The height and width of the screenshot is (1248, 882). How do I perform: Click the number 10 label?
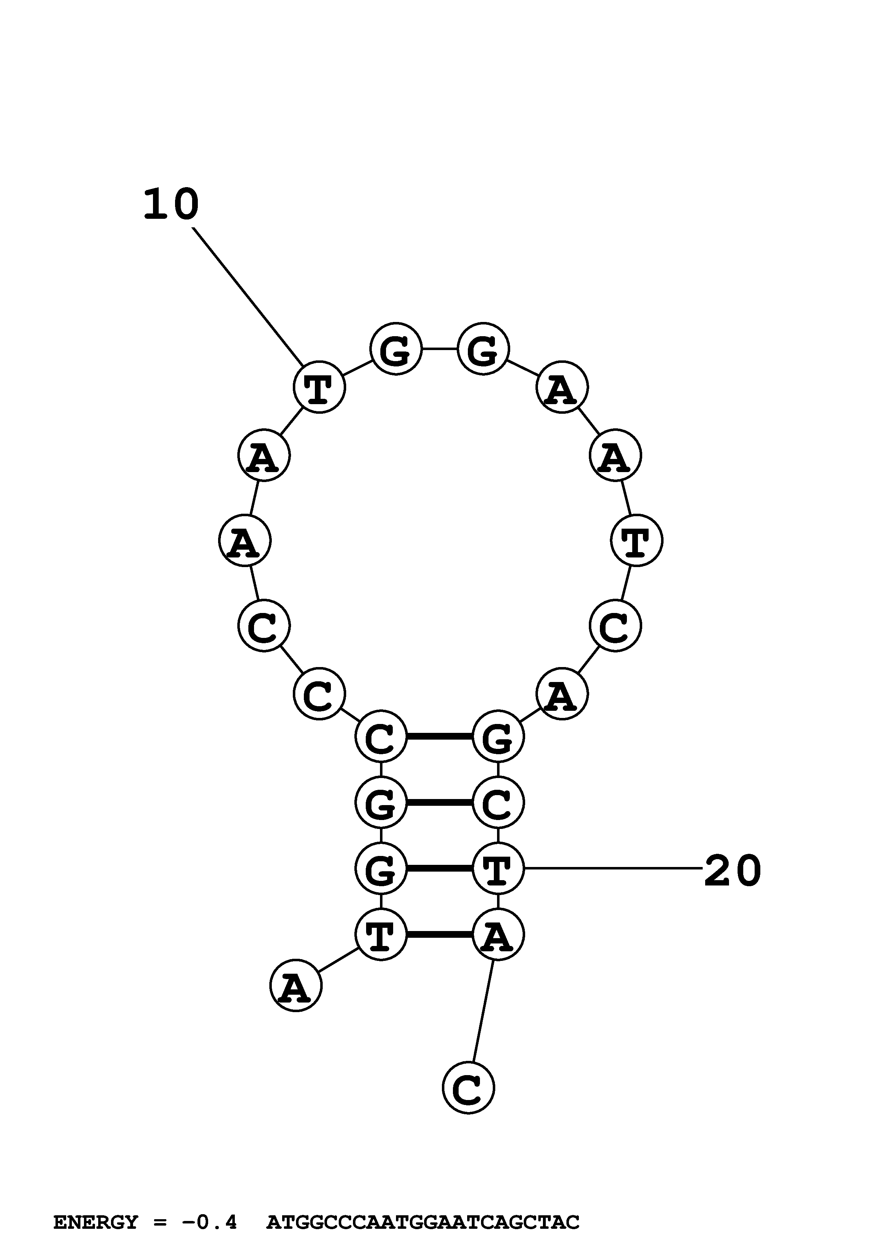(x=171, y=205)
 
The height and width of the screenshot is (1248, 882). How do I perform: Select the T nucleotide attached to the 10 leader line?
(x=319, y=387)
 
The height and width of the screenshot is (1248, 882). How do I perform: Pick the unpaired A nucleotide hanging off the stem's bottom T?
(x=296, y=985)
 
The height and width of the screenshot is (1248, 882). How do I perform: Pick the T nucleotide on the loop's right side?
(x=637, y=540)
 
